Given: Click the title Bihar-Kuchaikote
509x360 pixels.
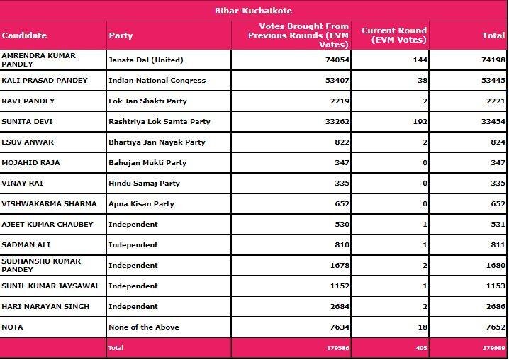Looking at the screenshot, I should click(x=254, y=11).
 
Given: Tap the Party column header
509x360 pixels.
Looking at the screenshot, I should click(x=120, y=35).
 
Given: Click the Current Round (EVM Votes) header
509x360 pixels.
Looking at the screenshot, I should click(x=393, y=35).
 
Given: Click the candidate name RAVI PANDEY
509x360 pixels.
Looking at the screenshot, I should click(x=28, y=101).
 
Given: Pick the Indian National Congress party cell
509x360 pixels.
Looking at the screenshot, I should click(x=157, y=81).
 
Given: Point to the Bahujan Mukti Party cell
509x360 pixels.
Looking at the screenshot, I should click(x=147, y=162).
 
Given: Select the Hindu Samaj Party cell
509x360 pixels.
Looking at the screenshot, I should click(x=144, y=183).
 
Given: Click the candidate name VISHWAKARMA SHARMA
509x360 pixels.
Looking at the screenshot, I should click(x=49, y=203).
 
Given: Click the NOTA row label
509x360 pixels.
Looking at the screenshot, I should click(x=13, y=326).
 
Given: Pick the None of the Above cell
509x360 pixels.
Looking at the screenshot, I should click(x=143, y=326).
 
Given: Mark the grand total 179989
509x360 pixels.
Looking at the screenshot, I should click(x=491, y=348).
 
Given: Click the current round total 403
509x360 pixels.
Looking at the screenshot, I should click(x=418, y=348).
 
